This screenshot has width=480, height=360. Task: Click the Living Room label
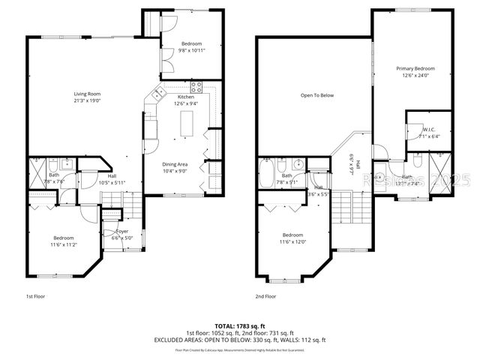click(88, 94)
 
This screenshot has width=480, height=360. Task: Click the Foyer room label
click(121, 232)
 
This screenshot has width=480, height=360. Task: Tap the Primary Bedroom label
click(415, 68)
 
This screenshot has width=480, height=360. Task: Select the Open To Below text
click(317, 95)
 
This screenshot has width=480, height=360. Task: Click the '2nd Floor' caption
click(265, 296)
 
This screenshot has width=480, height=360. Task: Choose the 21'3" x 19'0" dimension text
click(88, 100)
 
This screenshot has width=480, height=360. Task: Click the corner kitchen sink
click(158, 94)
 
